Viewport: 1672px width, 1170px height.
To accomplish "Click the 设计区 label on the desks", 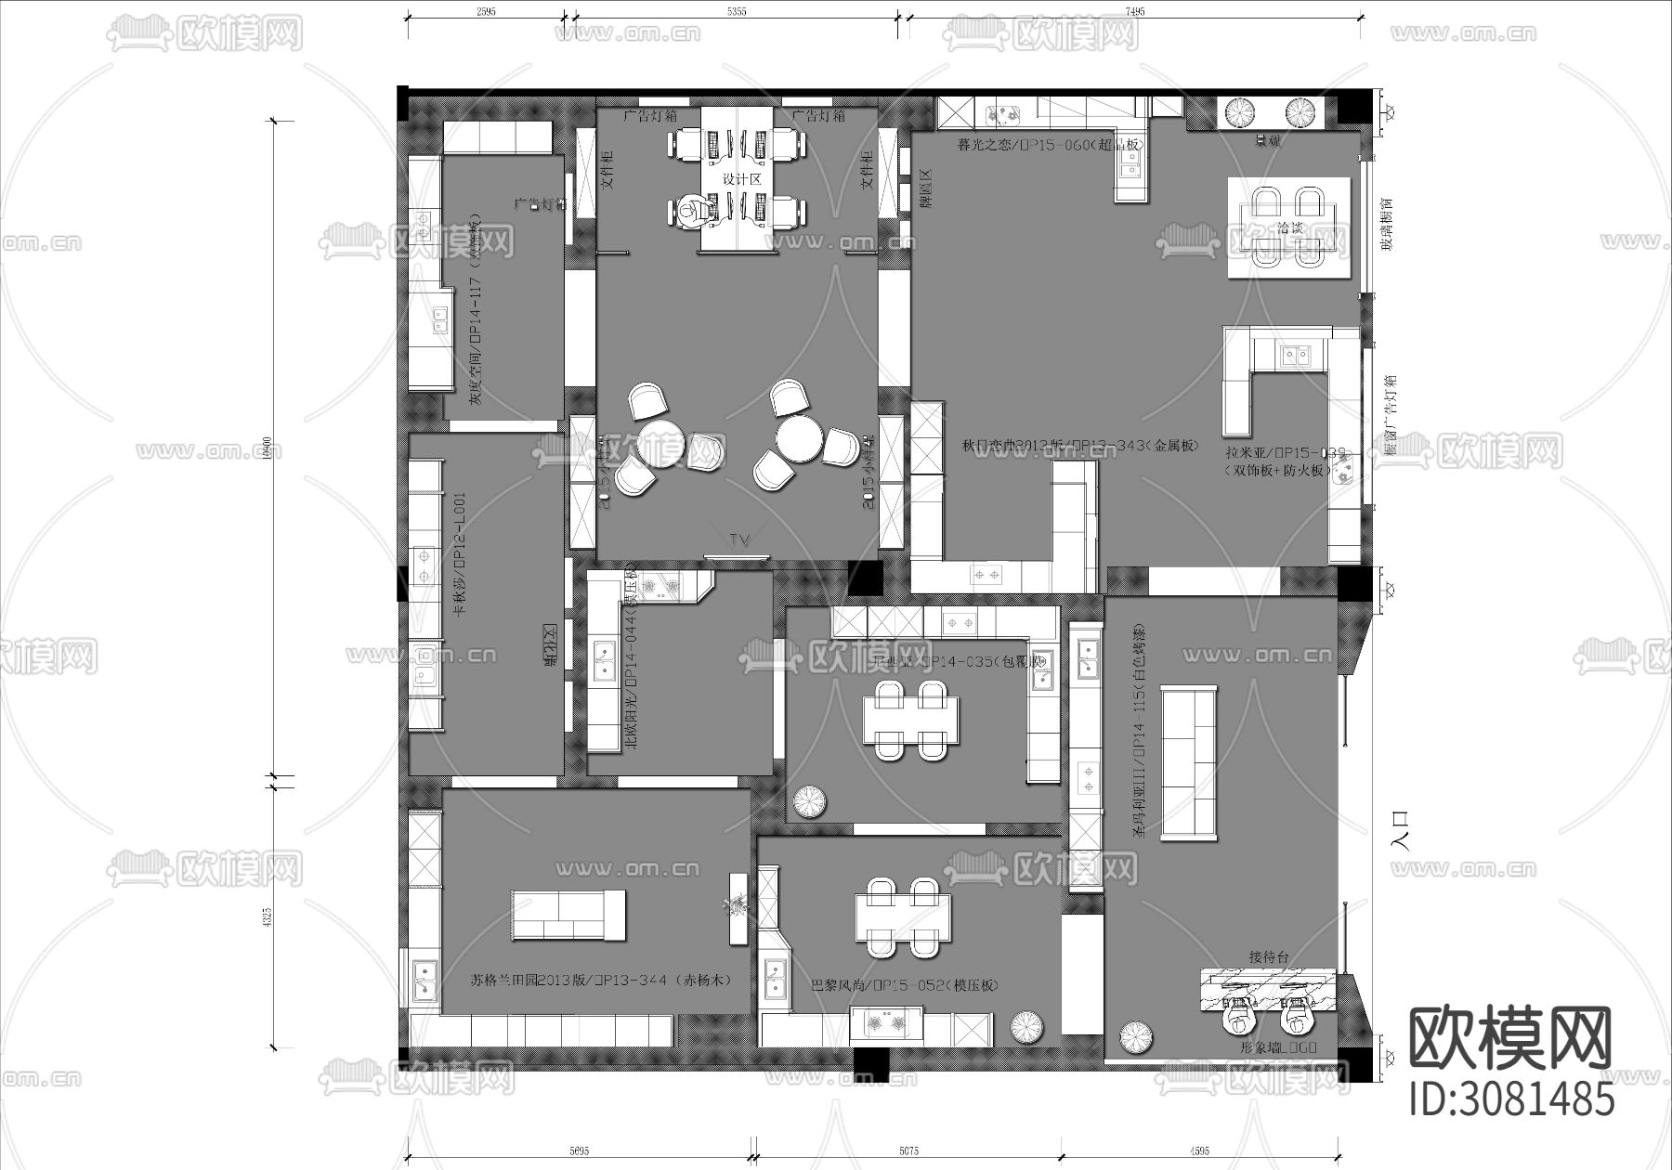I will point(742,179).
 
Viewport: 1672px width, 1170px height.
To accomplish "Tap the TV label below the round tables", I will point(739,539).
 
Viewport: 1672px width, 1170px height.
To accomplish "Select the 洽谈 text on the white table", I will point(1290,227).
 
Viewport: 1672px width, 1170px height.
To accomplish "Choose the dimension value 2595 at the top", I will point(485,11).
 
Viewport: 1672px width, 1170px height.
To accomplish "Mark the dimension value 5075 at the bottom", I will point(908,1151).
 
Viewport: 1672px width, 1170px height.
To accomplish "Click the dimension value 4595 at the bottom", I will point(1198,1151).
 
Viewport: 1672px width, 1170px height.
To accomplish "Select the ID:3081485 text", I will point(1511,1100).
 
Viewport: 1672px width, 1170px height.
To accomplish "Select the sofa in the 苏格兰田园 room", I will point(568,914).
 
